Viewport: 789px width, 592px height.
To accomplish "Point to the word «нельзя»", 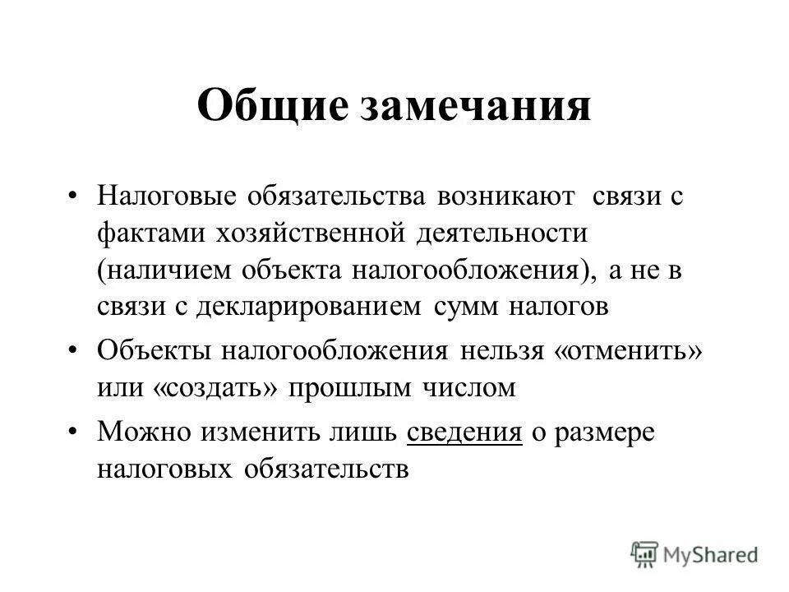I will pos(501,352).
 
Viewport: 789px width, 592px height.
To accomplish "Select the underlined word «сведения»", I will pos(465,434).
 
